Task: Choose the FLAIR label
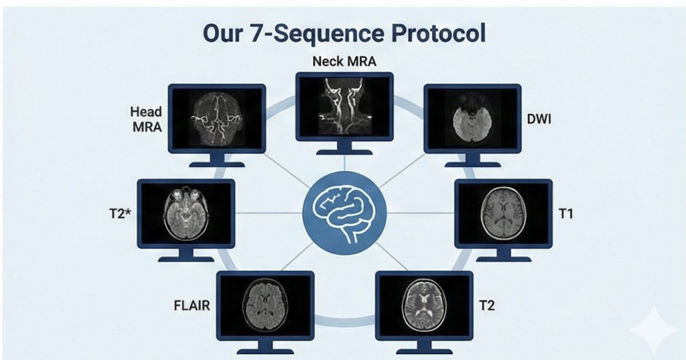[191, 306]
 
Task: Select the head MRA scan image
[216, 118]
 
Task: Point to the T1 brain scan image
[503, 214]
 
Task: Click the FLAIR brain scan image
[265, 305]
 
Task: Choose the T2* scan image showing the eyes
[186, 213]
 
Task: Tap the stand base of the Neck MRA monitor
[344, 152]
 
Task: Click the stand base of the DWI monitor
[472, 164]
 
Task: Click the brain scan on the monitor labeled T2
[423, 305]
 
